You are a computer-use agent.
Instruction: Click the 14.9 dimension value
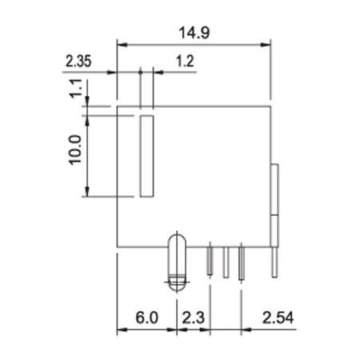pyautogui.click(x=194, y=33)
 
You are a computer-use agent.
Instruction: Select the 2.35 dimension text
pyautogui.click(x=78, y=61)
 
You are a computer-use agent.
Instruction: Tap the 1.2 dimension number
pyautogui.click(x=185, y=61)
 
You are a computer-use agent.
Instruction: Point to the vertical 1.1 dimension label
pyautogui.click(x=76, y=88)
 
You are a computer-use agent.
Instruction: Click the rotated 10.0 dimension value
pyautogui.click(x=75, y=150)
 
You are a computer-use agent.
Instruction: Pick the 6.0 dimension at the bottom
pyautogui.click(x=146, y=318)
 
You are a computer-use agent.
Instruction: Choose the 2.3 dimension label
pyautogui.click(x=193, y=318)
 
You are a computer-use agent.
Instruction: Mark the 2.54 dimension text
pyautogui.click(x=278, y=318)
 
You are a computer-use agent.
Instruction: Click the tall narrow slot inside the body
pyautogui.click(x=147, y=156)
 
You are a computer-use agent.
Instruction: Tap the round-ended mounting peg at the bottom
pyautogui.click(x=177, y=262)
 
